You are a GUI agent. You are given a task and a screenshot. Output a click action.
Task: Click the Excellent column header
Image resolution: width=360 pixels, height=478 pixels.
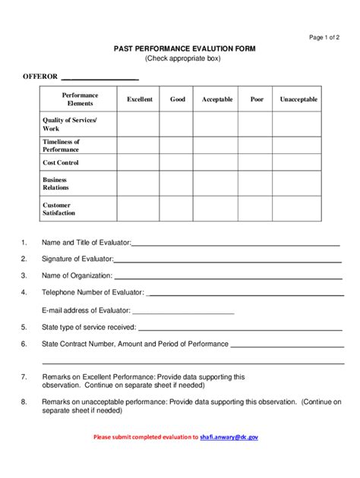140,99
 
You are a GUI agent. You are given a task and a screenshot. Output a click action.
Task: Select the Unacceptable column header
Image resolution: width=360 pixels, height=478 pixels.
298,99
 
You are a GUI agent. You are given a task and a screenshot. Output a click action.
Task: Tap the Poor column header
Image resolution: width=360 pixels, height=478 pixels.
257,99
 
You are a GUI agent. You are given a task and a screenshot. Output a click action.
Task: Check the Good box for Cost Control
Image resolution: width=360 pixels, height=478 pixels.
177,162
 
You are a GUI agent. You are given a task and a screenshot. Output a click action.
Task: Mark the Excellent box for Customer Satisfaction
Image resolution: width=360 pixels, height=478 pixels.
140,209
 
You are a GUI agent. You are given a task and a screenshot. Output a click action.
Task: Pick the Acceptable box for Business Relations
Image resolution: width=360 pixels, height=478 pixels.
216,183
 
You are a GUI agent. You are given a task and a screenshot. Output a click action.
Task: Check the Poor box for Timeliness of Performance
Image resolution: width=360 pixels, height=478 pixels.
257,145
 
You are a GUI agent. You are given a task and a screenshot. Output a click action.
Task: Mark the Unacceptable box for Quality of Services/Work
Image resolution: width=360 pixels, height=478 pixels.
298,124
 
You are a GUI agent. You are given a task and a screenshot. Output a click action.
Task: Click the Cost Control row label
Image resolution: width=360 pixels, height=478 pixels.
61,162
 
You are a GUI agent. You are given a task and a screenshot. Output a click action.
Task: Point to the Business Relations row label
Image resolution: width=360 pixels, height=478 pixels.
56,183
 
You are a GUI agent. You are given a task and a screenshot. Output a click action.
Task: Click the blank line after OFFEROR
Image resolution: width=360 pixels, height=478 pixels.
99,78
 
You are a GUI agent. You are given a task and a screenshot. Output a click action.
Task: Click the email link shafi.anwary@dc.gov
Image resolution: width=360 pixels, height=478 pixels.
229,438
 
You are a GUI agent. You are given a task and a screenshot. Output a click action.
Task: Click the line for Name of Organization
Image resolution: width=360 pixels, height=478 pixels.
227,276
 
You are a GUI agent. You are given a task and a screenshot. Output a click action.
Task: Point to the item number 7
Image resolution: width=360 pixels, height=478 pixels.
24,376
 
